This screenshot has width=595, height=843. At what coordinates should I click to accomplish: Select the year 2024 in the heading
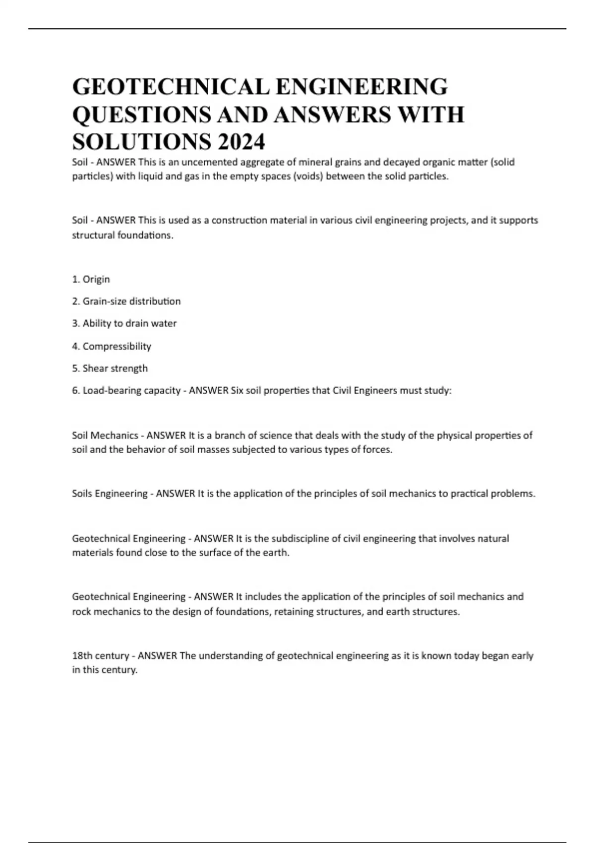tap(241, 143)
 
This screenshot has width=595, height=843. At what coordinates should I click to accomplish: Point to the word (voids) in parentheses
tap(307, 177)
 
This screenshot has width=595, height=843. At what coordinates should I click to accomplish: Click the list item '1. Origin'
tap(91, 279)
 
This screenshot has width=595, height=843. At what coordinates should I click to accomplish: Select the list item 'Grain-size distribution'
tap(131, 301)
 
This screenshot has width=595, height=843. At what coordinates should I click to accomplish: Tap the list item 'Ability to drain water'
tap(129, 323)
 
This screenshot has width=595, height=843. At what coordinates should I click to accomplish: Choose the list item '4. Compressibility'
tap(112, 346)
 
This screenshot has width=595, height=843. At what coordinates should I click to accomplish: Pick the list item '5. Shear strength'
tap(110, 368)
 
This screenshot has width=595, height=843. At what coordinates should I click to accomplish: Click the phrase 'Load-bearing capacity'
tap(131, 391)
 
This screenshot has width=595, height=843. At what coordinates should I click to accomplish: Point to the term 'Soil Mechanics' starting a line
tap(105, 435)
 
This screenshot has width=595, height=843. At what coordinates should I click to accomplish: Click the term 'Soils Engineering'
tap(110, 494)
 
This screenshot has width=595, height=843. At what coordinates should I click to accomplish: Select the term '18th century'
tap(101, 656)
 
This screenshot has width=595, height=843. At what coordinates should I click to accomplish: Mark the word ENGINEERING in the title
tap(361, 87)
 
